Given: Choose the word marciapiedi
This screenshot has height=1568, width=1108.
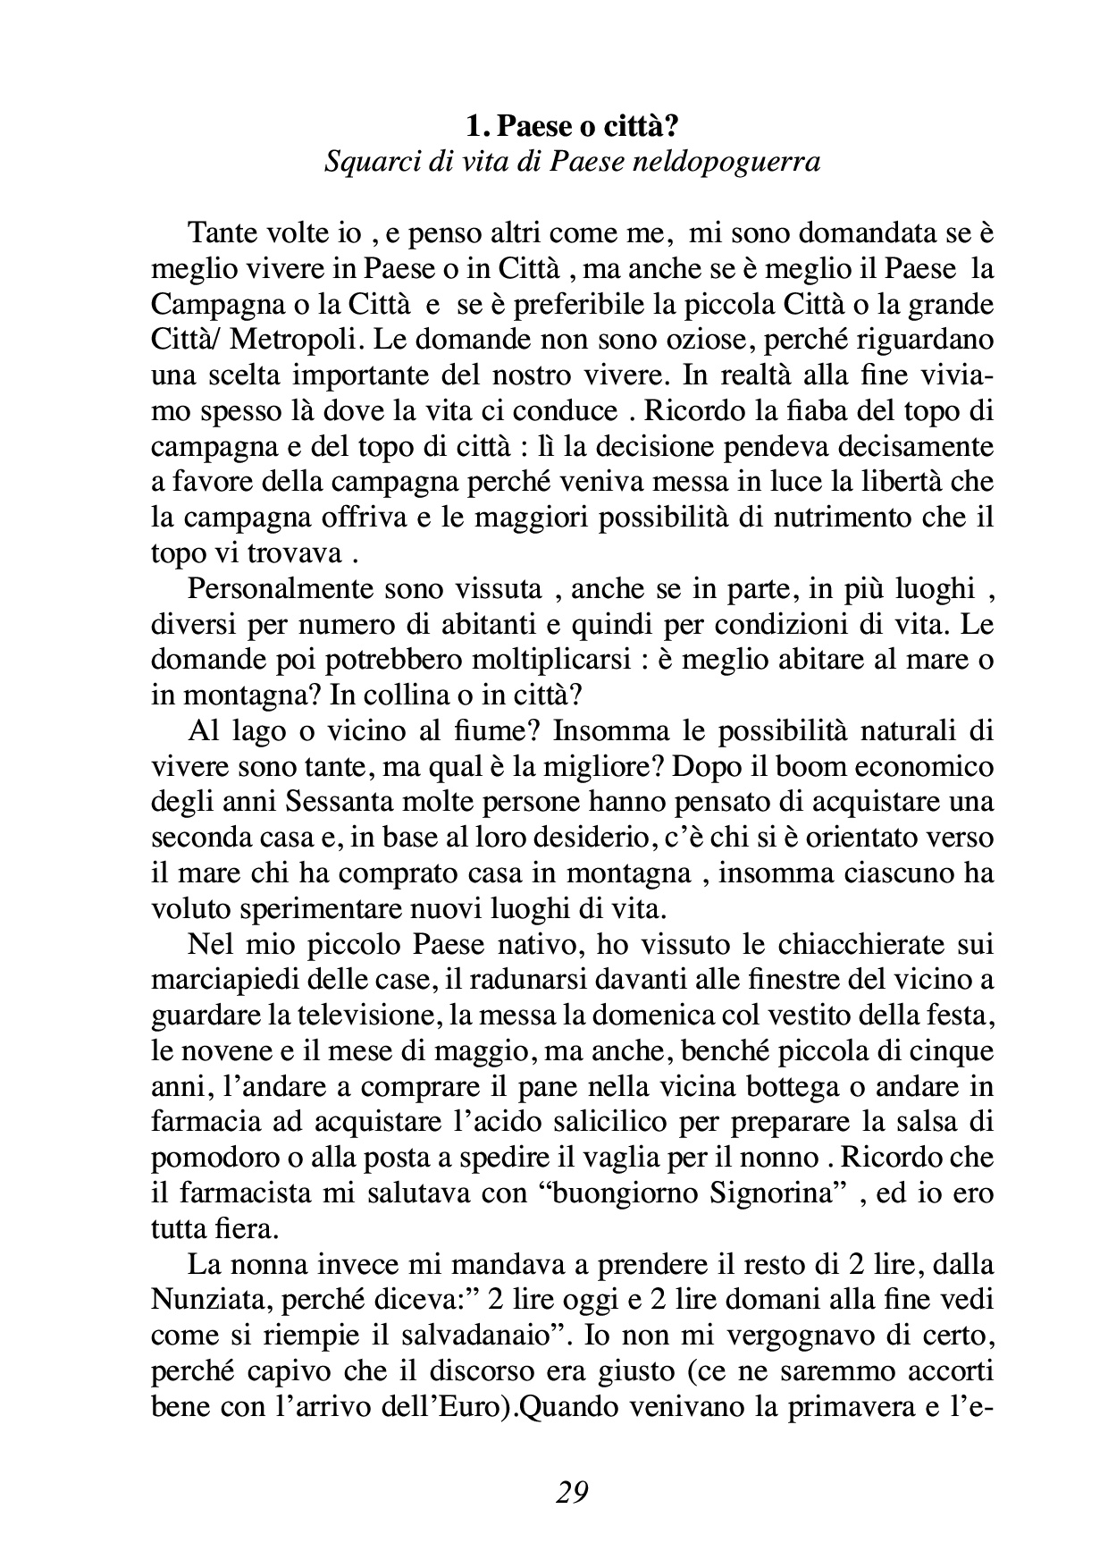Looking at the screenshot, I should [208, 980].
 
